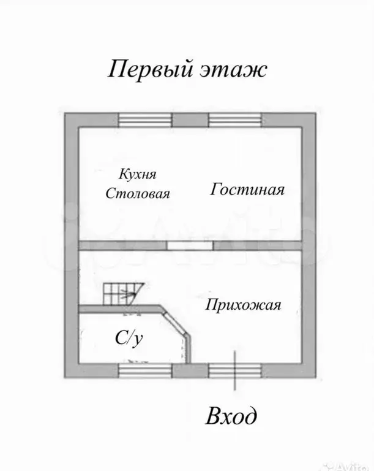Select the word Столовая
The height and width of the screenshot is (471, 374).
click(137, 194)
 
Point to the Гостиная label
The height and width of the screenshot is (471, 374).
click(247, 190)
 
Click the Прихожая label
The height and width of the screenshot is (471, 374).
click(243, 305)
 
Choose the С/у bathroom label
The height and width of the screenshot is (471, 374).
click(130, 337)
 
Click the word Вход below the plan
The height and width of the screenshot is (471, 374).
click(231, 417)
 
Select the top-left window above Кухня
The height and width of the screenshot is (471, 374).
click(145, 120)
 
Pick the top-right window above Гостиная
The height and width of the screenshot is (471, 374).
click(236, 120)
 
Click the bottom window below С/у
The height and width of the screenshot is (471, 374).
click(145, 370)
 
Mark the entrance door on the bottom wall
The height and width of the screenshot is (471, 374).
click(236, 370)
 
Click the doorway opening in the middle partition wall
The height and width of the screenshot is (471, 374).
click(191, 245)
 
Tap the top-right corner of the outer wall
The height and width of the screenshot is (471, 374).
click(310, 120)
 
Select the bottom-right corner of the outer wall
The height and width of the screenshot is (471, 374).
click(310, 370)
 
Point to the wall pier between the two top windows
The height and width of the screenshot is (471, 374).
click(190, 120)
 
